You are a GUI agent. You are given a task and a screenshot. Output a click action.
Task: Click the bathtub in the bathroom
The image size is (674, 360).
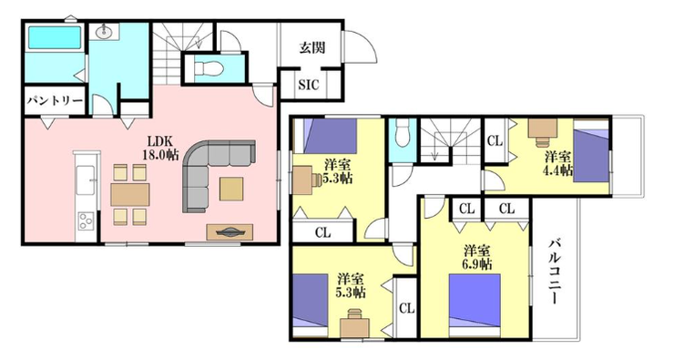click(x=55, y=37)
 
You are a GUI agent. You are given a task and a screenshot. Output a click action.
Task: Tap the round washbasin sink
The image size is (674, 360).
click(x=105, y=31)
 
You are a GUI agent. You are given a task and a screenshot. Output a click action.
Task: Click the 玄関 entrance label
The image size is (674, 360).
click(x=311, y=47)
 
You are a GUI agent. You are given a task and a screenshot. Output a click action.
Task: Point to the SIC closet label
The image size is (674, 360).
click(x=309, y=85)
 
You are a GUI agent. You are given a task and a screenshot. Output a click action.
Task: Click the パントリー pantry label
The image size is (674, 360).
click(x=55, y=101)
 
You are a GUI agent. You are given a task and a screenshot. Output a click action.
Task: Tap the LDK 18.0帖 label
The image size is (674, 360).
click(x=160, y=148)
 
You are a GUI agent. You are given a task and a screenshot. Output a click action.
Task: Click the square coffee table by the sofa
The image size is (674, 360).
click(x=231, y=190)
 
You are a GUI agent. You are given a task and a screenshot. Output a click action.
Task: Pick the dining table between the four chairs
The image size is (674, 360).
click(x=130, y=195)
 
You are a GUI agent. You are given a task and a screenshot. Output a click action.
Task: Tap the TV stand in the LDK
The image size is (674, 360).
click(x=230, y=232)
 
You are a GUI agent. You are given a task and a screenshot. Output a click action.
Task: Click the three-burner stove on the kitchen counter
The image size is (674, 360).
click(x=86, y=222)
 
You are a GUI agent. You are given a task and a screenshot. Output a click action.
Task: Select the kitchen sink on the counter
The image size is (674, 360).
click(x=86, y=180)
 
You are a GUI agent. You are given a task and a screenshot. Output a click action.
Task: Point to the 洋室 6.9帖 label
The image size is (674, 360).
click(x=477, y=257)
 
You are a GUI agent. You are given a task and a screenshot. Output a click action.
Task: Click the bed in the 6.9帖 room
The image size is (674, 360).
click(x=475, y=306)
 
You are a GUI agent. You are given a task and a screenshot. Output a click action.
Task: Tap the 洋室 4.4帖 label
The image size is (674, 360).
click(x=559, y=163)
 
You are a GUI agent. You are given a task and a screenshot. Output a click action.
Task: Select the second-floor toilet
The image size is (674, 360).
click(x=403, y=132)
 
